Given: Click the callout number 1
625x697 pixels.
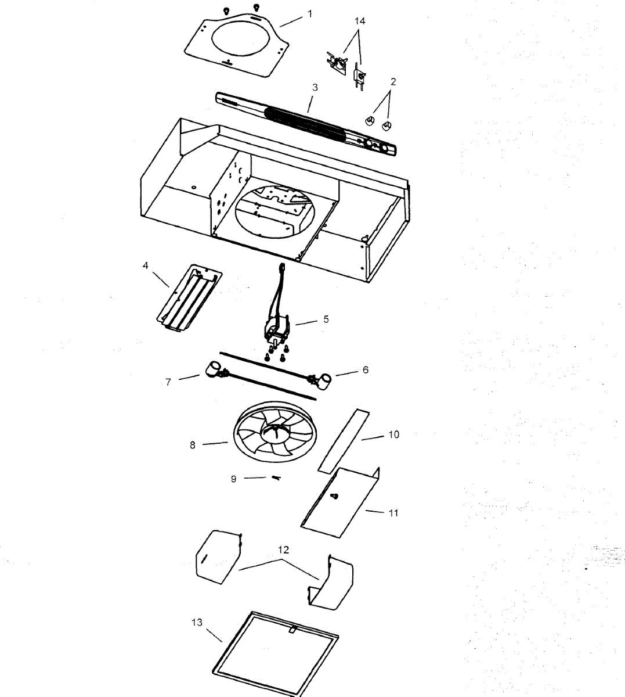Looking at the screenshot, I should (x=310, y=13).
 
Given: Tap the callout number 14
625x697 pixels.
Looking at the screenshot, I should (x=360, y=21).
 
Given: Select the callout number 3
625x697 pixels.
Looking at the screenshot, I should (x=315, y=88).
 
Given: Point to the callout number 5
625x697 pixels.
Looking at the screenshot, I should (x=326, y=319).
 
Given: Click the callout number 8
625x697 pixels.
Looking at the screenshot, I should (x=193, y=445).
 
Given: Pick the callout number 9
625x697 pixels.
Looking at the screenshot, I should (x=234, y=479).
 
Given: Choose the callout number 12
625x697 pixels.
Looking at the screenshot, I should (x=283, y=549).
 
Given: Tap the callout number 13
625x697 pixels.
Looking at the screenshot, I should (x=197, y=622).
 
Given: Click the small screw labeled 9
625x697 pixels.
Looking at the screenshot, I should (x=276, y=478).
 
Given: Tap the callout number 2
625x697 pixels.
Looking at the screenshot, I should (x=393, y=82).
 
